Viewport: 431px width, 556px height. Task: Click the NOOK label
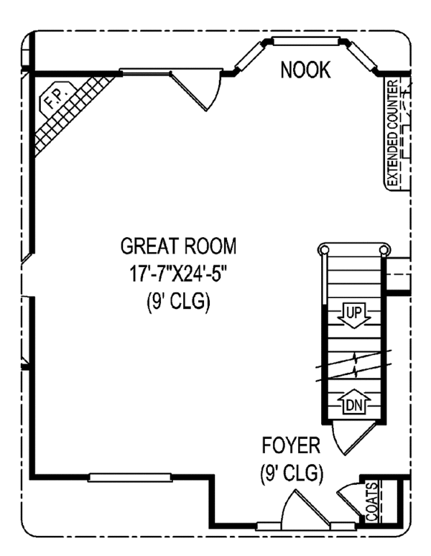[305, 70]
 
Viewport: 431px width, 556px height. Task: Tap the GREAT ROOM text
[177, 247]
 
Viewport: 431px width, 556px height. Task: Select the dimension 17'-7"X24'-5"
[177, 274]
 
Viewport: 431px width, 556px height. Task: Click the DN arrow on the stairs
[352, 404]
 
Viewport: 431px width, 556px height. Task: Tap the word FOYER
[291, 446]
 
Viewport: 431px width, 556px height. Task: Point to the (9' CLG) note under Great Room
[177, 302]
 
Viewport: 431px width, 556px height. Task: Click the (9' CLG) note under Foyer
[291, 473]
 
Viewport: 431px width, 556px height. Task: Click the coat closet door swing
[348, 496]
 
